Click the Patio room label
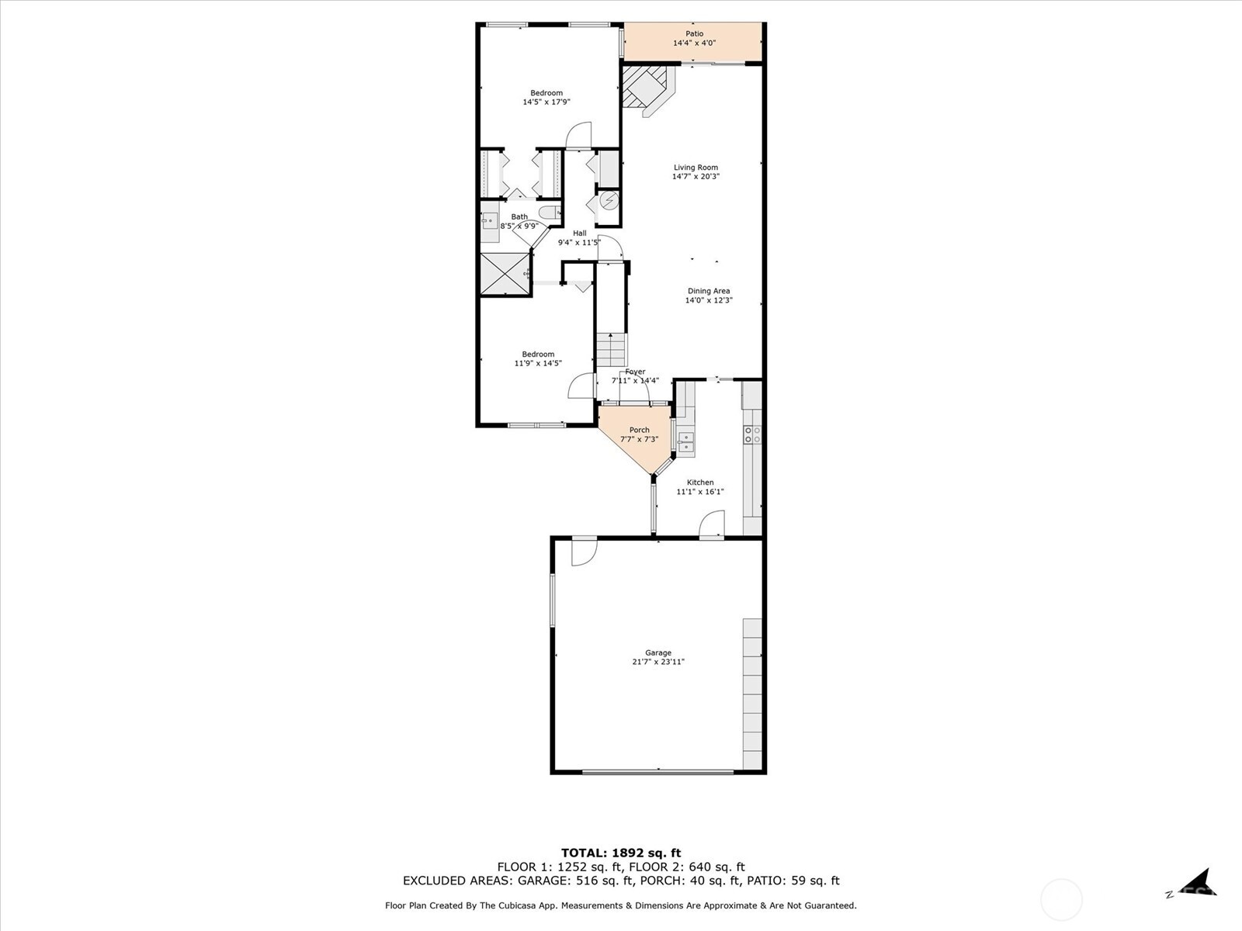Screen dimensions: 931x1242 [694, 33]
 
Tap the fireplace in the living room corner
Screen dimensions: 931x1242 [645, 87]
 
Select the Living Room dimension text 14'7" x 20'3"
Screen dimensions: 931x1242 [696, 177]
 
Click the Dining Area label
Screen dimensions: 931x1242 [708, 291]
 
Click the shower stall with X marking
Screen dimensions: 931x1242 [503, 274]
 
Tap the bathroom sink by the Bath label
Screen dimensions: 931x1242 [489, 222]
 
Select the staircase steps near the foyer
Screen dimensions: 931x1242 [611, 350]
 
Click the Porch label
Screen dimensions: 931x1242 [639, 430]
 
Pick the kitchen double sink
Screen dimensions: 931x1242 [685, 442]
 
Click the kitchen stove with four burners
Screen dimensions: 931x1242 [752, 434]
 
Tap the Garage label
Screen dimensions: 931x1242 [657, 652]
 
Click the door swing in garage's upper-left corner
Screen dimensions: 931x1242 [584, 552]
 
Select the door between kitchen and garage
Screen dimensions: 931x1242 [712, 525]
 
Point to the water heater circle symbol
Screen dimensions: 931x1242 [609, 201]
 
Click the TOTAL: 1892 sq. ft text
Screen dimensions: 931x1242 [620, 853]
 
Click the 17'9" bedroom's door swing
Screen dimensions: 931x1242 [578, 136]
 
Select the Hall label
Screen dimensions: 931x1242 [579, 233]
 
